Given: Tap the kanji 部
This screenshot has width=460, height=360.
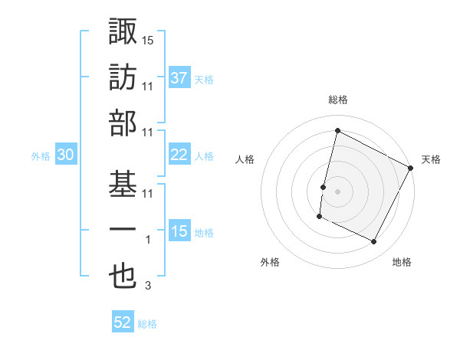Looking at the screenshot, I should point(124,123).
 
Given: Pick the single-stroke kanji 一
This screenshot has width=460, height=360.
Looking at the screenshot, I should point(124,230).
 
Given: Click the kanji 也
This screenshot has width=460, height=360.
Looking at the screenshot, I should point(124,277).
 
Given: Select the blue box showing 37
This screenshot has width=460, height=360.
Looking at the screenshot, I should point(179,77).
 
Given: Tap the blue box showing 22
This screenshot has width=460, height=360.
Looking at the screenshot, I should point(179,155).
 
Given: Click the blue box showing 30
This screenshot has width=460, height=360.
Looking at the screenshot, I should point(65,155).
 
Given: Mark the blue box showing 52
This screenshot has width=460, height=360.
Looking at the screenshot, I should point(123,322).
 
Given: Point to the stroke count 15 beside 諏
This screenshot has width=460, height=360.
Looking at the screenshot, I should point(148,39).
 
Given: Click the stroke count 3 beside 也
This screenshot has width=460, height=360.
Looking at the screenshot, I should point(148,286).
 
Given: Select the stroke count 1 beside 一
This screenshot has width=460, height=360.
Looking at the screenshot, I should point(148,240).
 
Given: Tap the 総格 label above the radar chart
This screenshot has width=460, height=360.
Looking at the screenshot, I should point(337,100).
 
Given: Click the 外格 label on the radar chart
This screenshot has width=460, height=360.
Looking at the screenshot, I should point(270,262).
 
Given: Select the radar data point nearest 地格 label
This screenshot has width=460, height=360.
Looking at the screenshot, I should point(374,242).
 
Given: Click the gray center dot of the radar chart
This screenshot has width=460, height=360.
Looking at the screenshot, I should point(337,191).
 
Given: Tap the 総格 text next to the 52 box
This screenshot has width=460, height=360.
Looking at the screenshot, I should point(147,324).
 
